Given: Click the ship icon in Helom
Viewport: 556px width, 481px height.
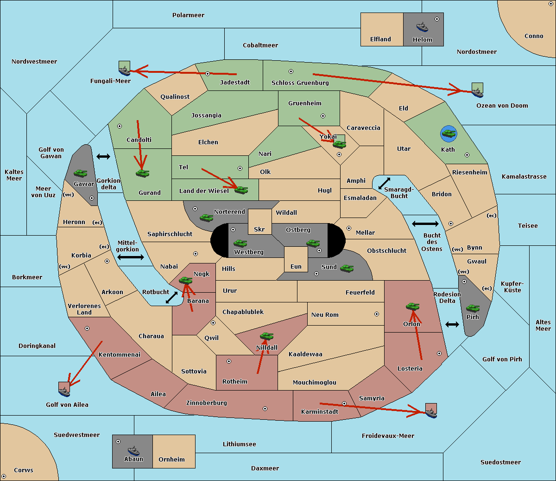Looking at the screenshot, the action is (x=422, y=27).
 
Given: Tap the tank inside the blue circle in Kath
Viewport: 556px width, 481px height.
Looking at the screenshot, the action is (x=449, y=133).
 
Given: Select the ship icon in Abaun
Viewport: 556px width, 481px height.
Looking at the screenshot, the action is (x=134, y=450).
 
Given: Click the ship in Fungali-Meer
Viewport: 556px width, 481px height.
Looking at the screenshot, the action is (x=124, y=71).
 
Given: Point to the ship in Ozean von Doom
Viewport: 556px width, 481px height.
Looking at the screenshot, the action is (x=477, y=92).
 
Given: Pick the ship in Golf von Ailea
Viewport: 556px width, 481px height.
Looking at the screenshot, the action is (x=64, y=391).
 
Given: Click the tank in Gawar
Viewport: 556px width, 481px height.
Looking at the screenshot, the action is (x=80, y=173).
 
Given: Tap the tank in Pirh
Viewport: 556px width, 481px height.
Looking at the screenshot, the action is (x=473, y=308).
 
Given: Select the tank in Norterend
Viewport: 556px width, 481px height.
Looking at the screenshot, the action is (x=206, y=218).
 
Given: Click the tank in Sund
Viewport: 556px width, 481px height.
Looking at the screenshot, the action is (x=347, y=268).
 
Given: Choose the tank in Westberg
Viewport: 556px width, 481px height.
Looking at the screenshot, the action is (x=240, y=244).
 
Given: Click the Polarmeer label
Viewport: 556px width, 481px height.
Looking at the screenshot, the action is (x=188, y=15).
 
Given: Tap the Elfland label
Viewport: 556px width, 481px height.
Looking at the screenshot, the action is (x=380, y=39).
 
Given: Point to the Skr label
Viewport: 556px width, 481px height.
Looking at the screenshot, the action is (x=259, y=229).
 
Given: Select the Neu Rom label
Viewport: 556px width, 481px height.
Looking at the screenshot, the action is (x=325, y=314).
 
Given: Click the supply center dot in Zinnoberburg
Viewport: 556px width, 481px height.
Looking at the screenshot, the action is (x=265, y=409).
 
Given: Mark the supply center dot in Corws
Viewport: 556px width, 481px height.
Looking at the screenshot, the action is (x=4, y=476).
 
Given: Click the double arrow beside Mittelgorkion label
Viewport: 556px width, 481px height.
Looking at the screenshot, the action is (x=131, y=257).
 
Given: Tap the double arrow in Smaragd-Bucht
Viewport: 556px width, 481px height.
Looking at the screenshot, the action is (x=384, y=183).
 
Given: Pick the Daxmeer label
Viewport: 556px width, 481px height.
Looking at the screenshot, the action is (x=265, y=468).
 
